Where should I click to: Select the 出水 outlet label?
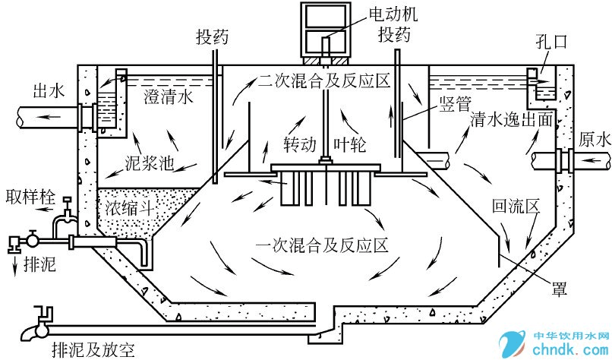(x=48, y=91)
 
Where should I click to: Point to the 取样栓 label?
(x=30, y=195)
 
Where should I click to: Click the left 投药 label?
(x=213, y=37)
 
